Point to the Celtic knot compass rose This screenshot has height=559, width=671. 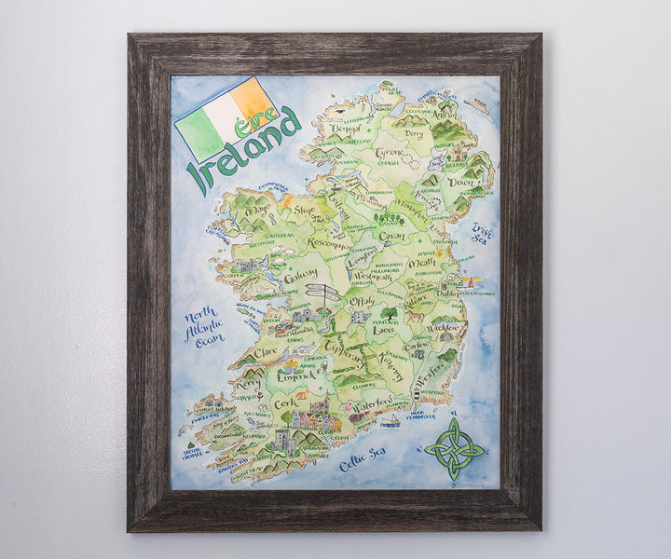click(454, 448)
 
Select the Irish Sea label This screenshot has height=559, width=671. click(481, 232)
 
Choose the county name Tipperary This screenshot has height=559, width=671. click(345, 359)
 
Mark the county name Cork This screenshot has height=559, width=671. click(286, 405)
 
